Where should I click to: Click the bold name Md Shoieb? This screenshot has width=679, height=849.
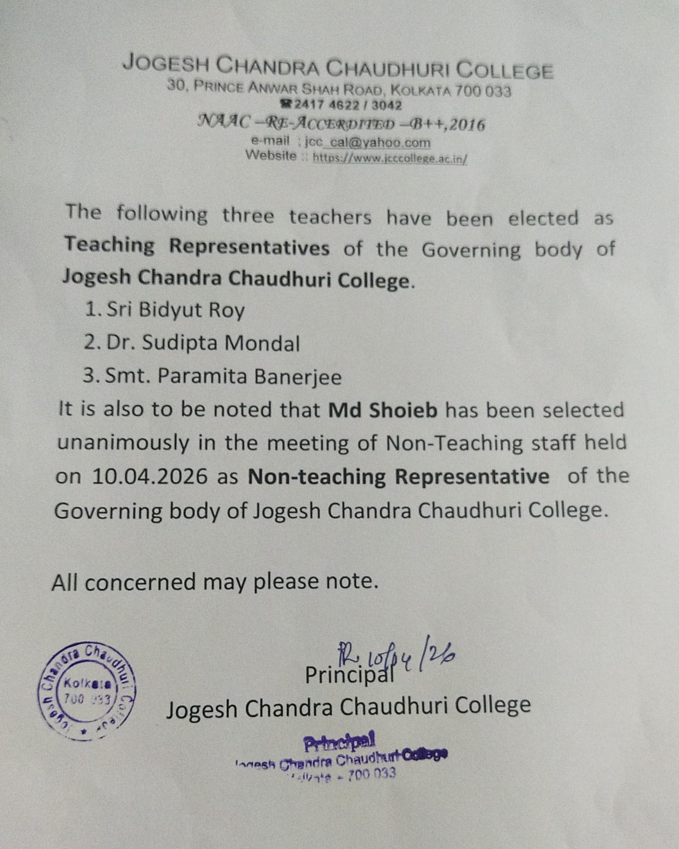[x=383, y=410]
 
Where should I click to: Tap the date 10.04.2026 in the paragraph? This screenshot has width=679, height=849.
[x=150, y=476]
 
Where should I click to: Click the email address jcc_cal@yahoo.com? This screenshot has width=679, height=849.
[x=367, y=143]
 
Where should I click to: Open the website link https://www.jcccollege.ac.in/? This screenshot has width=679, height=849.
[x=390, y=158]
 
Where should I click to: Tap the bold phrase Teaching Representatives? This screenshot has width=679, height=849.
[x=197, y=247]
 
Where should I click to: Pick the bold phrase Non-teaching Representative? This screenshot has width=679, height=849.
[x=398, y=476]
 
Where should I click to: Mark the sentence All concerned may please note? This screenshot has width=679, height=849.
[x=215, y=582]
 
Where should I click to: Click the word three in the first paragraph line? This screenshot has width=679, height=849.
[x=248, y=215]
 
